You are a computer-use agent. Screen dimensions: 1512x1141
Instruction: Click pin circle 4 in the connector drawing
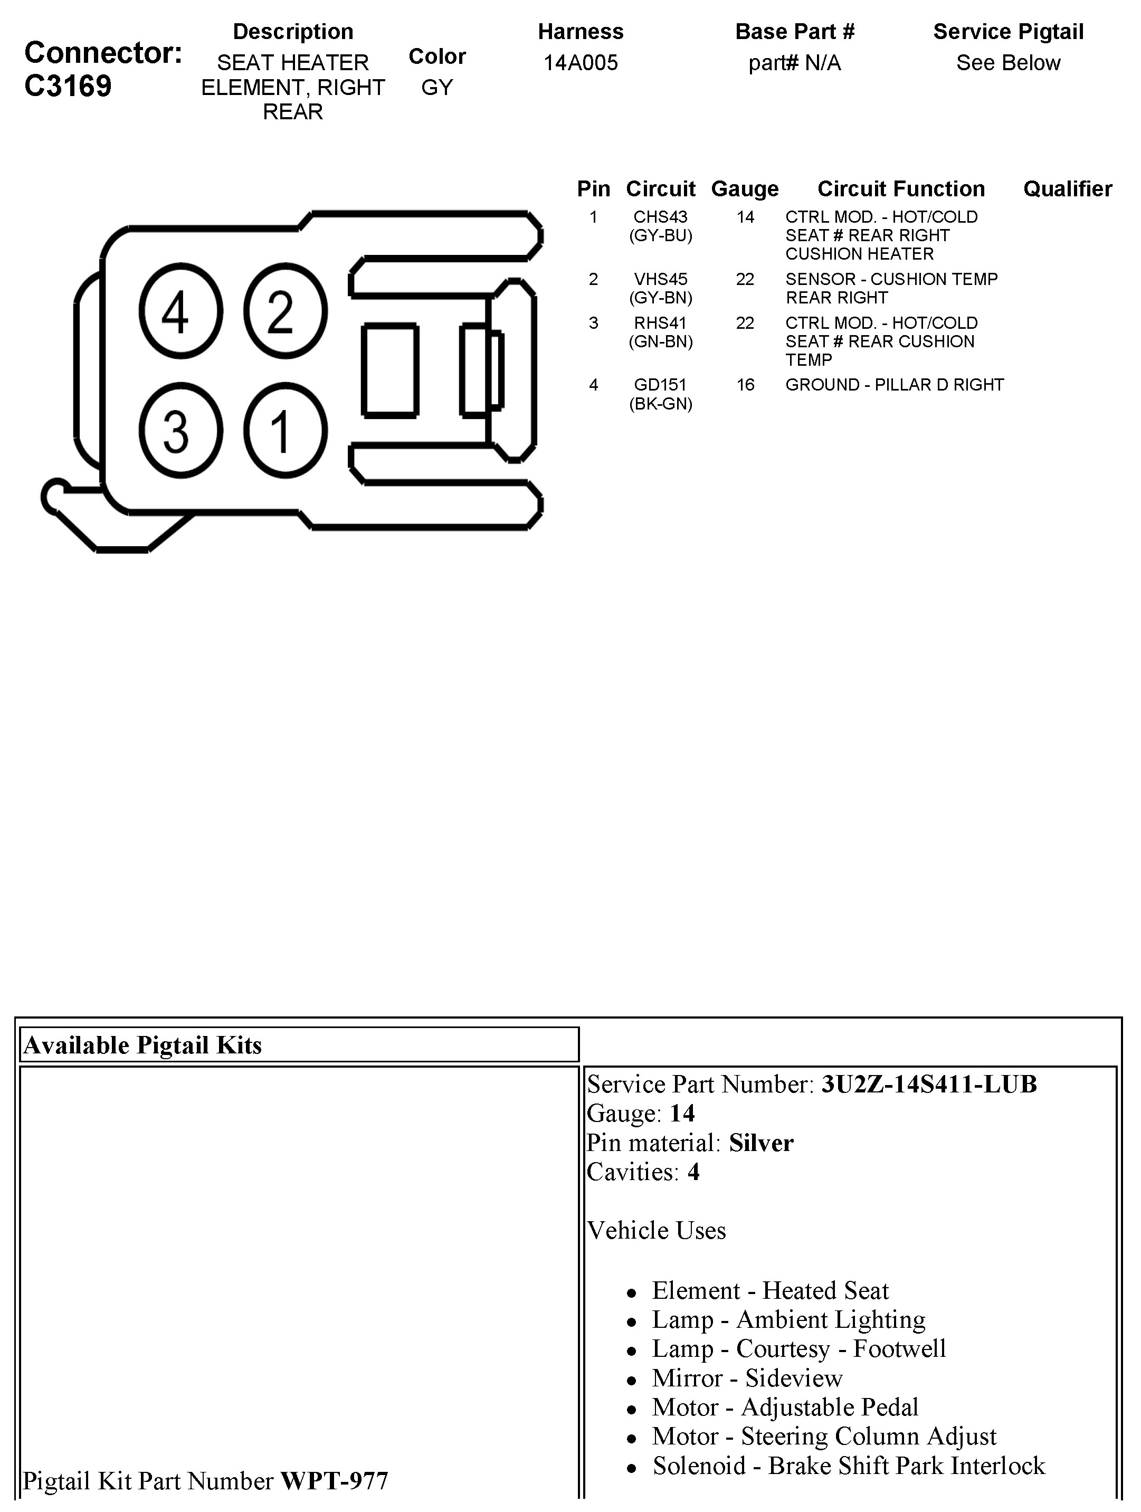click(180, 311)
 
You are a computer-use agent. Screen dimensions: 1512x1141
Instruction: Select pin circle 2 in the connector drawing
click(285, 311)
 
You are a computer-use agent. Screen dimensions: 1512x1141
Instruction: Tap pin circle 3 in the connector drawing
click(180, 431)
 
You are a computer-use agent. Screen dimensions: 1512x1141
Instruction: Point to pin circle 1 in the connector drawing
click(285, 431)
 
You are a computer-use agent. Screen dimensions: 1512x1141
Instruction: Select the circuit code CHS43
click(660, 217)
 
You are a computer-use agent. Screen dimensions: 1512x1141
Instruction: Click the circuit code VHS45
click(660, 280)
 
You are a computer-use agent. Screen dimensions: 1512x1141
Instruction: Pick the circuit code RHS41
click(660, 324)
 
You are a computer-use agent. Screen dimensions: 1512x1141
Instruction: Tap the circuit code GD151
click(660, 385)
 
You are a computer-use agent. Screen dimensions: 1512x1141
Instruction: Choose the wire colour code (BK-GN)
click(660, 404)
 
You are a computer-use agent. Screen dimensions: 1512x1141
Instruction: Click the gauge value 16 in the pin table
click(745, 385)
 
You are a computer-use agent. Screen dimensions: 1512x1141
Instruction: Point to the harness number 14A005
click(581, 63)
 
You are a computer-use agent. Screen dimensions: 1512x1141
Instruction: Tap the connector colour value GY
click(437, 88)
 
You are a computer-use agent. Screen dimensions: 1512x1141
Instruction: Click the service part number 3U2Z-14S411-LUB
click(928, 1085)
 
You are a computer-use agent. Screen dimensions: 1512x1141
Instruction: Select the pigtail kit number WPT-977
click(334, 1481)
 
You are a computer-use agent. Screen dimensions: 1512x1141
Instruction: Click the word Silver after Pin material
click(761, 1144)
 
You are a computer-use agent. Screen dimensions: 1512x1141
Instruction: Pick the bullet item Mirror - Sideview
click(747, 1378)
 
